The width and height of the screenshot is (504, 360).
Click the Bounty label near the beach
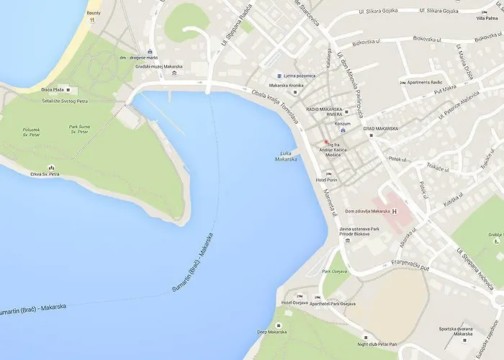click(94, 12)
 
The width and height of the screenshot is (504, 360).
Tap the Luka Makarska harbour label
click(286, 156)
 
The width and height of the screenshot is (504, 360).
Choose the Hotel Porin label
click(328, 180)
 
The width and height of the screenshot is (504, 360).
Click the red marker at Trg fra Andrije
click(325, 142)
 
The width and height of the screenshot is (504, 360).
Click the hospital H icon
click(395, 211)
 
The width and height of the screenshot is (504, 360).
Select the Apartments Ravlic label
click(432, 83)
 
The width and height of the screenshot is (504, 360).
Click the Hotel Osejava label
click(294, 303)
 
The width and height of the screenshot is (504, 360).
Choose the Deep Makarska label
click(272, 332)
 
